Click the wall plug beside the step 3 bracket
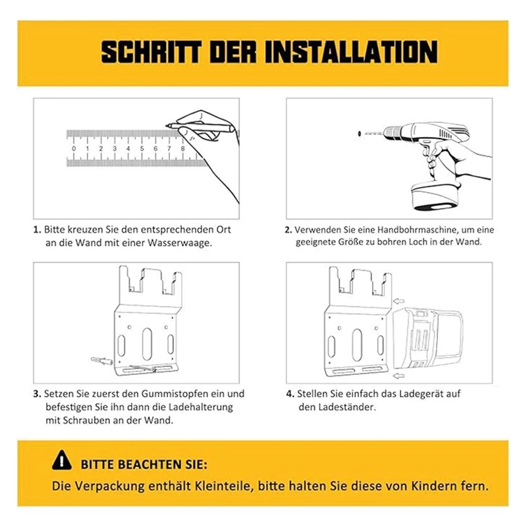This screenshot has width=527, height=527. [x=99, y=360]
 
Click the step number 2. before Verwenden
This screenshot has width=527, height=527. [x=288, y=230]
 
